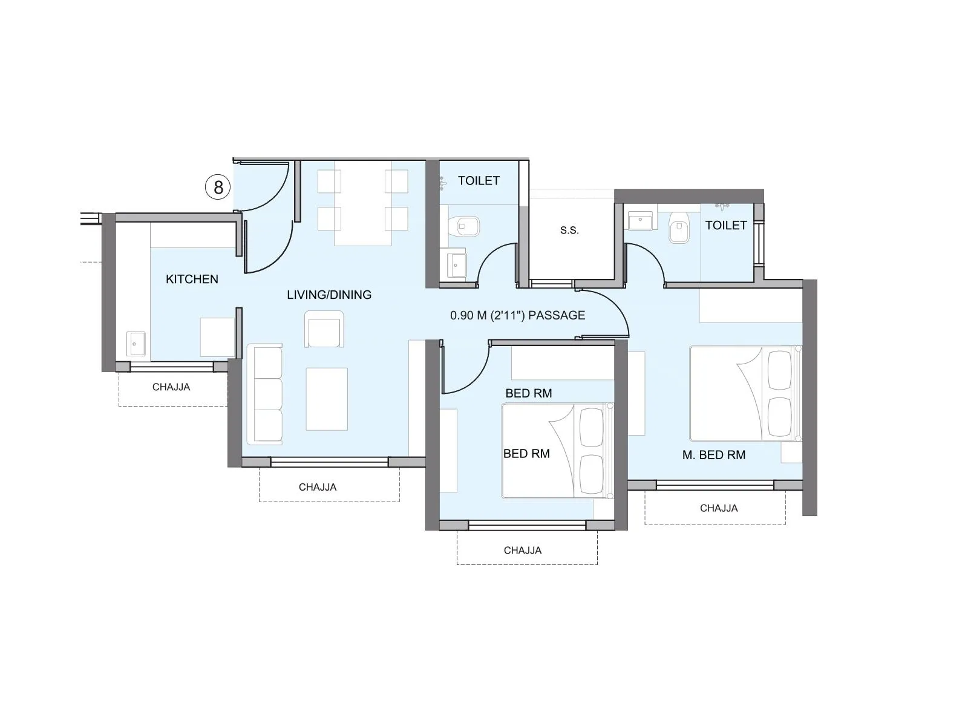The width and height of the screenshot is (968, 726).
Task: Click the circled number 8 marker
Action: click(218, 187)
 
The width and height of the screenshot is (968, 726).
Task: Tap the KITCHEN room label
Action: click(192, 279)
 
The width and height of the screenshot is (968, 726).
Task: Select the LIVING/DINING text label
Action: click(329, 295)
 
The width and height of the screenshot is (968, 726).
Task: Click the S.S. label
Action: click(569, 231)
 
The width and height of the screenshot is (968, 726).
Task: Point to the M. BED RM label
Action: click(714, 455)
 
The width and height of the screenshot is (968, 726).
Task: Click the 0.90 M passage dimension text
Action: click(517, 315)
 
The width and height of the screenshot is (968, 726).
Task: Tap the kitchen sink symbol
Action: click(136, 344)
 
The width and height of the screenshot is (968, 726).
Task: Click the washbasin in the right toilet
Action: click(639, 221)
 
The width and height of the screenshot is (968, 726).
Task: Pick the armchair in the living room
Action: click(324, 330)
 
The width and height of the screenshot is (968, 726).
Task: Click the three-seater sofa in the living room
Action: click(265, 394)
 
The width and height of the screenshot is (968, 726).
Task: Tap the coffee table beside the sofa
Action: click(327, 399)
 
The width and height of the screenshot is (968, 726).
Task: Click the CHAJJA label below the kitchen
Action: click(171, 387)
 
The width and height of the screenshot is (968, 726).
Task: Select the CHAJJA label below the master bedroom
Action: click(719, 508)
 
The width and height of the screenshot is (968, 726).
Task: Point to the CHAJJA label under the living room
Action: click(318, 487)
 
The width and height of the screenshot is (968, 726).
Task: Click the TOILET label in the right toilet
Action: click(726, 225)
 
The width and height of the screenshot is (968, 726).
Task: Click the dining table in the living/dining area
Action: click(363, 203)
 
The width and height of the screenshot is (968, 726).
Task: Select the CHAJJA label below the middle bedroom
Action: click(523, 551)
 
